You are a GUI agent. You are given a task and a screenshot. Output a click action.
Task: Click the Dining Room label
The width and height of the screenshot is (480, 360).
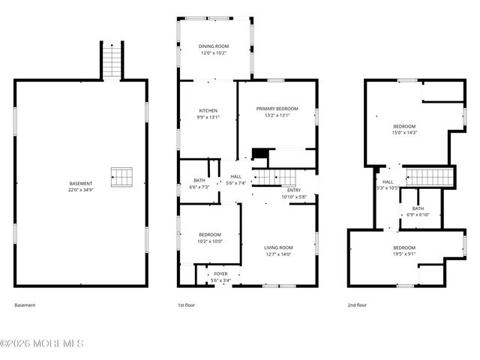coord(214,46)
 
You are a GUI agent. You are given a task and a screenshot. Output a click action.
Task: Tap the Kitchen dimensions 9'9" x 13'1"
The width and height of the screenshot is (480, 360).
coord(208,117)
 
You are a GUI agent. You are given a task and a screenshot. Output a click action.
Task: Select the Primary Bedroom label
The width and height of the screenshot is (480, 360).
coord(277,109)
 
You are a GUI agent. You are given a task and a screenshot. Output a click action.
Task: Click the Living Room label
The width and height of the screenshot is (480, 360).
coord(278,247)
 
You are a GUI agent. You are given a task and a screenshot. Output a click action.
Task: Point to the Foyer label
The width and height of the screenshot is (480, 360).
coord(220,274)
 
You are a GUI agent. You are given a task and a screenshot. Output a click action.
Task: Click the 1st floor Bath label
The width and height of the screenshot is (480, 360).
coord(199,180)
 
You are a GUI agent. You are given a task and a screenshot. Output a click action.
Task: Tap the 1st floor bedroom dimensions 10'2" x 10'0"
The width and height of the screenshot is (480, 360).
coord(209,241)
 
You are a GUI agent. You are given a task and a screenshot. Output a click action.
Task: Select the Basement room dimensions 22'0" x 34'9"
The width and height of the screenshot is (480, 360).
coord(81,190)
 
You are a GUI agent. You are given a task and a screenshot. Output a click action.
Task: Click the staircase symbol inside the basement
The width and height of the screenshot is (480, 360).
coord(121,177)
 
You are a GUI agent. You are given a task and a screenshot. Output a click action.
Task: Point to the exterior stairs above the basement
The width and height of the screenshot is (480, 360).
coord(111,60)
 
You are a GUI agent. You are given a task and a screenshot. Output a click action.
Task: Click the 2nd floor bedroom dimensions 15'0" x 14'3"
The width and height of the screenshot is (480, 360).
coord(404,133)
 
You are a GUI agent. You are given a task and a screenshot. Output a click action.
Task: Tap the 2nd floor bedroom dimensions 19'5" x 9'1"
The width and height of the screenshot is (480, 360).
coord(404,254)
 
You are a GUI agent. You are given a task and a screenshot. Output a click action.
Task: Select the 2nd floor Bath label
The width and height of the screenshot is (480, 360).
coord(418,208)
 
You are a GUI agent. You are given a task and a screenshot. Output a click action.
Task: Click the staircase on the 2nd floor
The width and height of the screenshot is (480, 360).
coord(430,177)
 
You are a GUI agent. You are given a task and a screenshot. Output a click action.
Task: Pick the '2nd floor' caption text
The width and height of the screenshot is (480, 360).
coord(357,305)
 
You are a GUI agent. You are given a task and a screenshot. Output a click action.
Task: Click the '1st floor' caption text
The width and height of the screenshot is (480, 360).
coord(186,305)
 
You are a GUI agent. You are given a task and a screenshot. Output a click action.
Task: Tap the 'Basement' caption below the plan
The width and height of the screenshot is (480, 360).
coord(25,305)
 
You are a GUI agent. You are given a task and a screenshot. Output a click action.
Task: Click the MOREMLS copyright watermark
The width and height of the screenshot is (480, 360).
coord(42,343)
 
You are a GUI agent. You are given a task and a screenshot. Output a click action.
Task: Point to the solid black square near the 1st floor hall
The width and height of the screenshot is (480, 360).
coord(259,154)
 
